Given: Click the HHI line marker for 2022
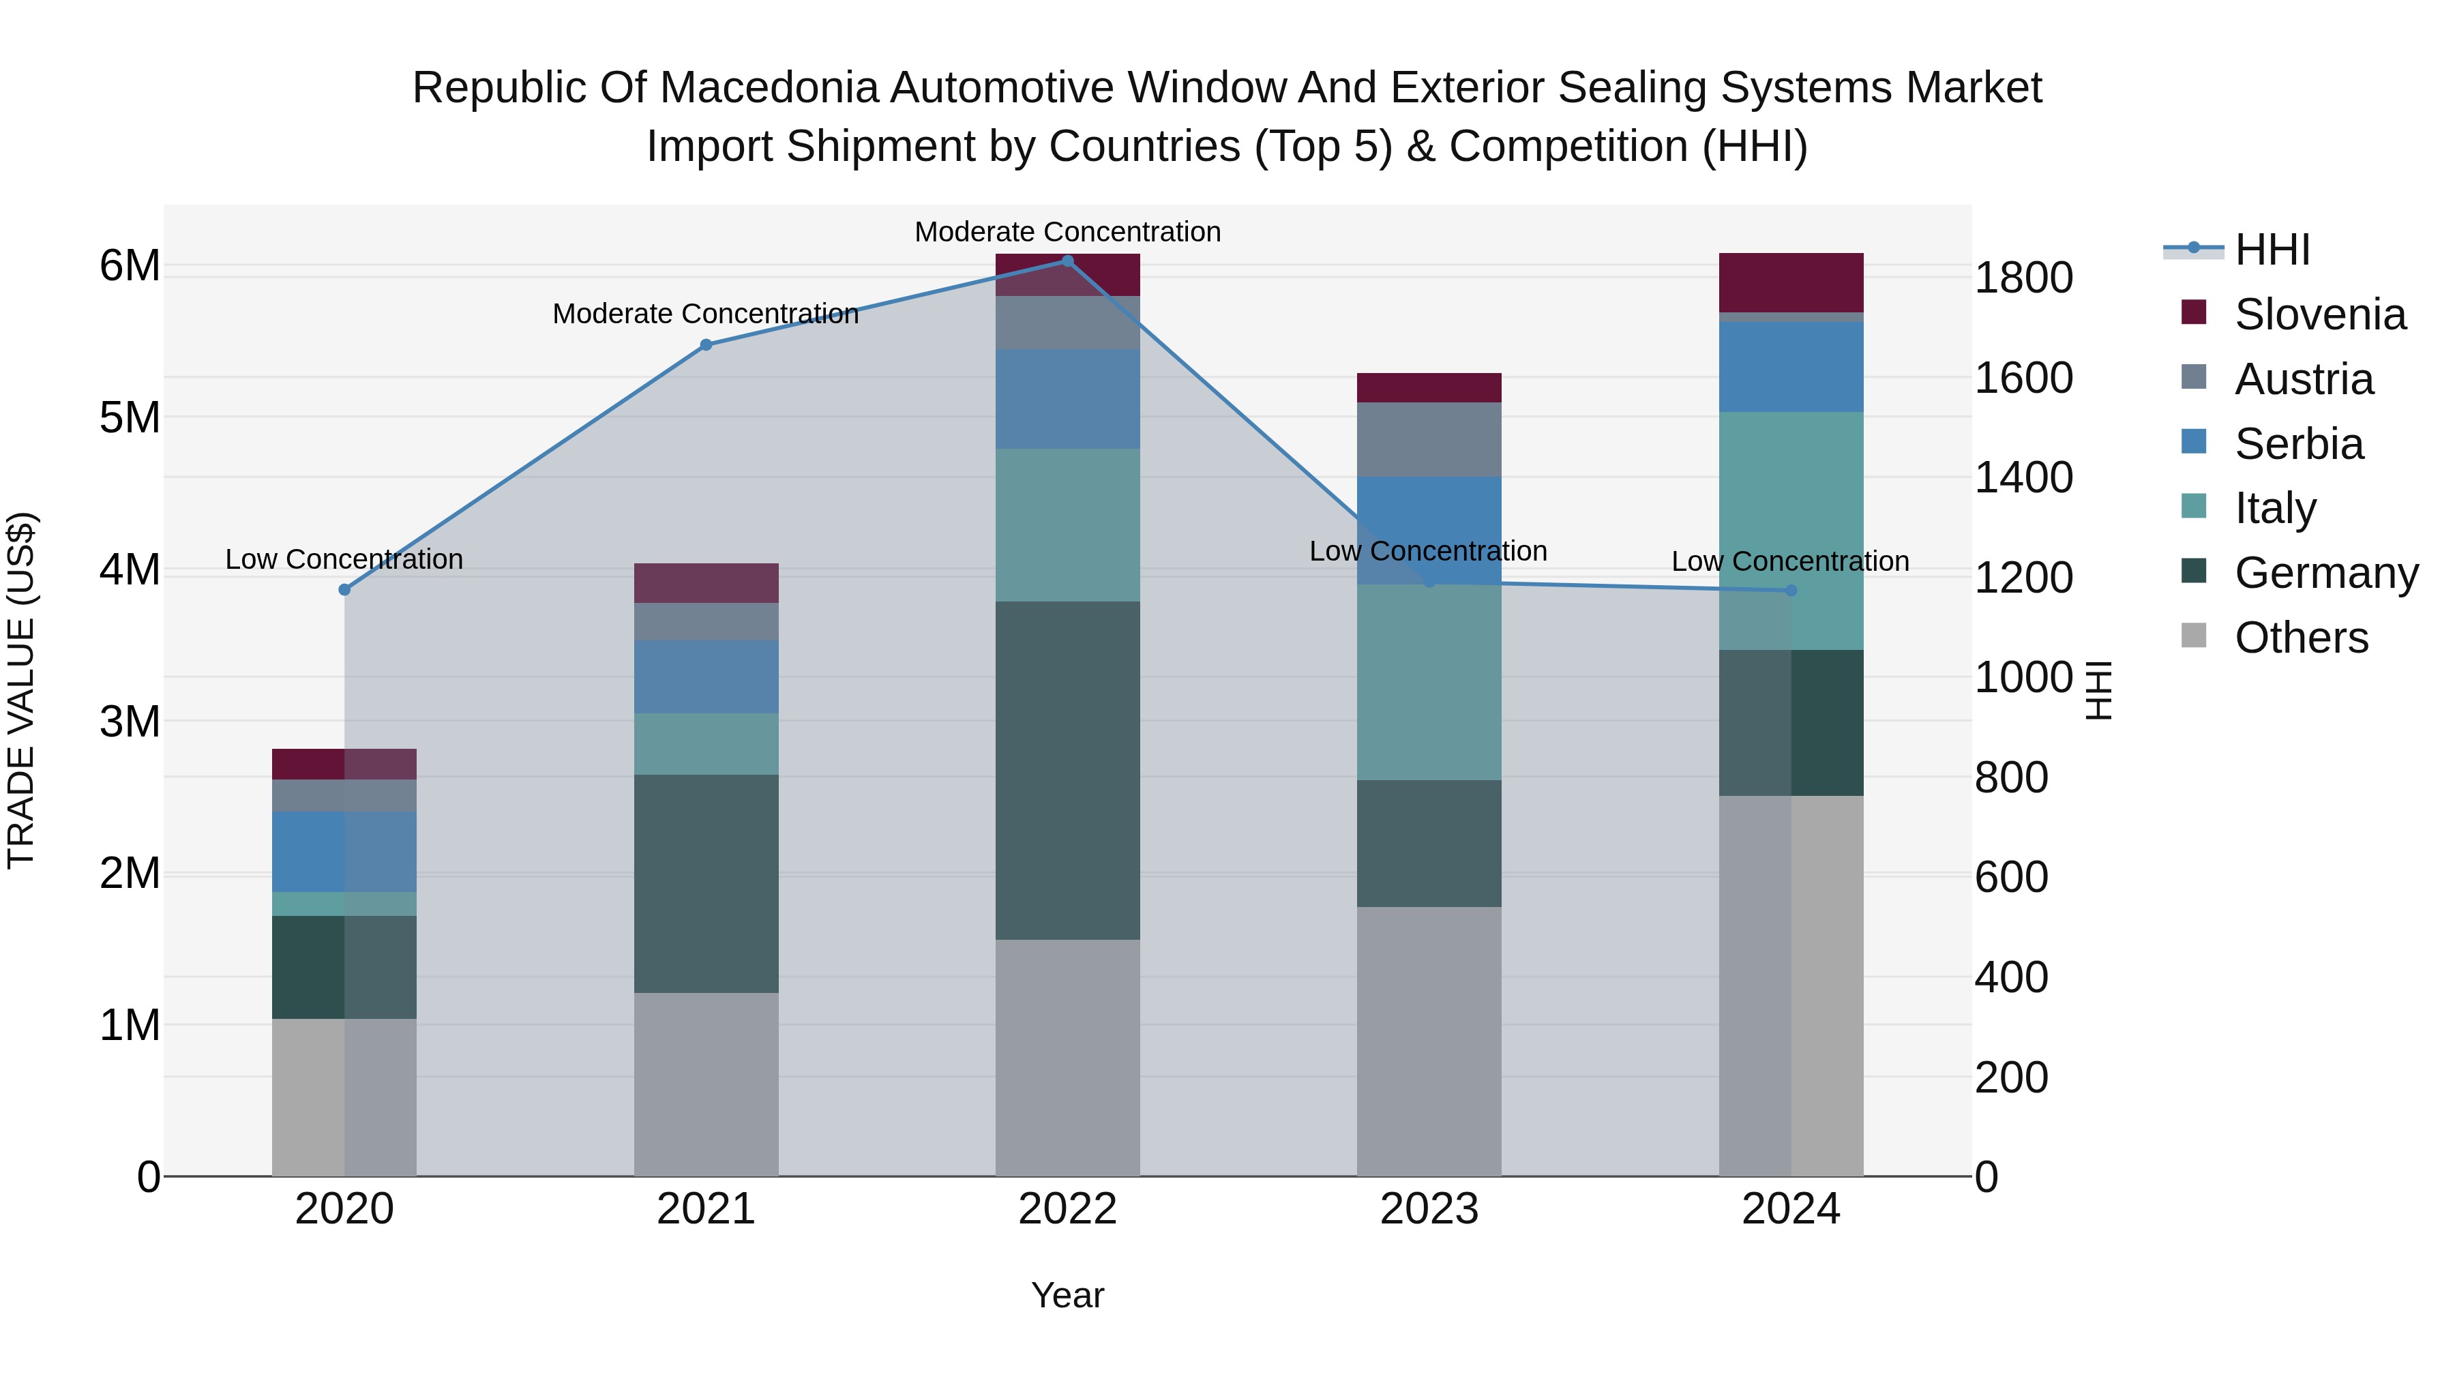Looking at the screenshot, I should point(1067,261).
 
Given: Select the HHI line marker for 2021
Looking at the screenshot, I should point(706,345).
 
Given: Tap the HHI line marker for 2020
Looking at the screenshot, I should point(345,590).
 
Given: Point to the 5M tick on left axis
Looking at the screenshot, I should point(130,417).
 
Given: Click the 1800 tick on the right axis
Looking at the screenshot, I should point(2023,278).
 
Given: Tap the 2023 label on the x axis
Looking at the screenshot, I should point(1429,1209).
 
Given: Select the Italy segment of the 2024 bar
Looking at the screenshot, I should point(1791,530).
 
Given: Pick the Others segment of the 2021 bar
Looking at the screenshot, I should point(706,1084).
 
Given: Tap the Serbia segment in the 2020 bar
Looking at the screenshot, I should point(344,851).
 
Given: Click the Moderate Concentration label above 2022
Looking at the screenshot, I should point(1067,232).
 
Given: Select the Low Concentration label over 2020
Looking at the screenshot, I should point(344,559).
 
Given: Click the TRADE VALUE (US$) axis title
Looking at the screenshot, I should point(21,690).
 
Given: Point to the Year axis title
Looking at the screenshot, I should point(1067,1295).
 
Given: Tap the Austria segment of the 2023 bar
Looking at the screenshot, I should point(1429,439).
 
